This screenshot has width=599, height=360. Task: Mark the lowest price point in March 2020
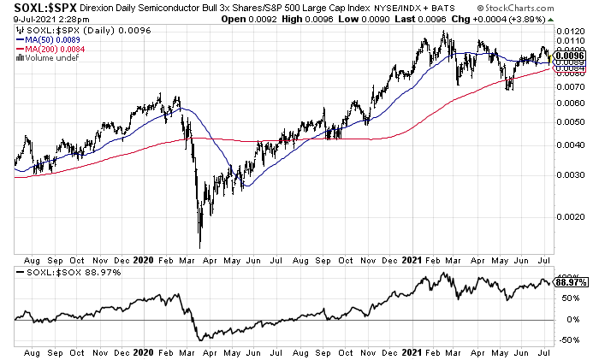click(x=199, y=246)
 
